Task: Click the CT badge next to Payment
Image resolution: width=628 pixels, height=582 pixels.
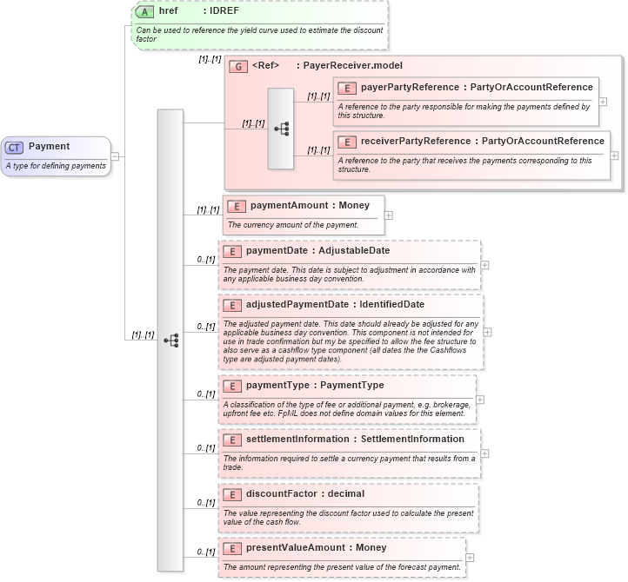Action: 16,147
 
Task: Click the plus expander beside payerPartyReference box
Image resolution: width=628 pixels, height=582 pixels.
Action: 603,102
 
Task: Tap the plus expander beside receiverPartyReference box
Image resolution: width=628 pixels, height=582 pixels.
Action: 614,155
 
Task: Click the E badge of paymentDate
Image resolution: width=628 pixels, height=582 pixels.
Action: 232,251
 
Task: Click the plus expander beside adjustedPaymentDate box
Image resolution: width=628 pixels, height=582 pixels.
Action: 487,331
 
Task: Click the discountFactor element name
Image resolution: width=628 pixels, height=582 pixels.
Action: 280,493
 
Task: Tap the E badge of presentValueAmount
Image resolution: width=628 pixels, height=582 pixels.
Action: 232,548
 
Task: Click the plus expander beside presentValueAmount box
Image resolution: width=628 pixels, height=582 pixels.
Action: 470,558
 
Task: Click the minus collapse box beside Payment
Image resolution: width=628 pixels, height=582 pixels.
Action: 115,156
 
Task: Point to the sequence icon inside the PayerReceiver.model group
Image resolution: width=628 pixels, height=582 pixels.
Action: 281,129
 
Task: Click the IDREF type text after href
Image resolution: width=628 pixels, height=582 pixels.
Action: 226,11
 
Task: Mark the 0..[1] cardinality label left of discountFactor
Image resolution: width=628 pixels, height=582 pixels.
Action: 205,502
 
